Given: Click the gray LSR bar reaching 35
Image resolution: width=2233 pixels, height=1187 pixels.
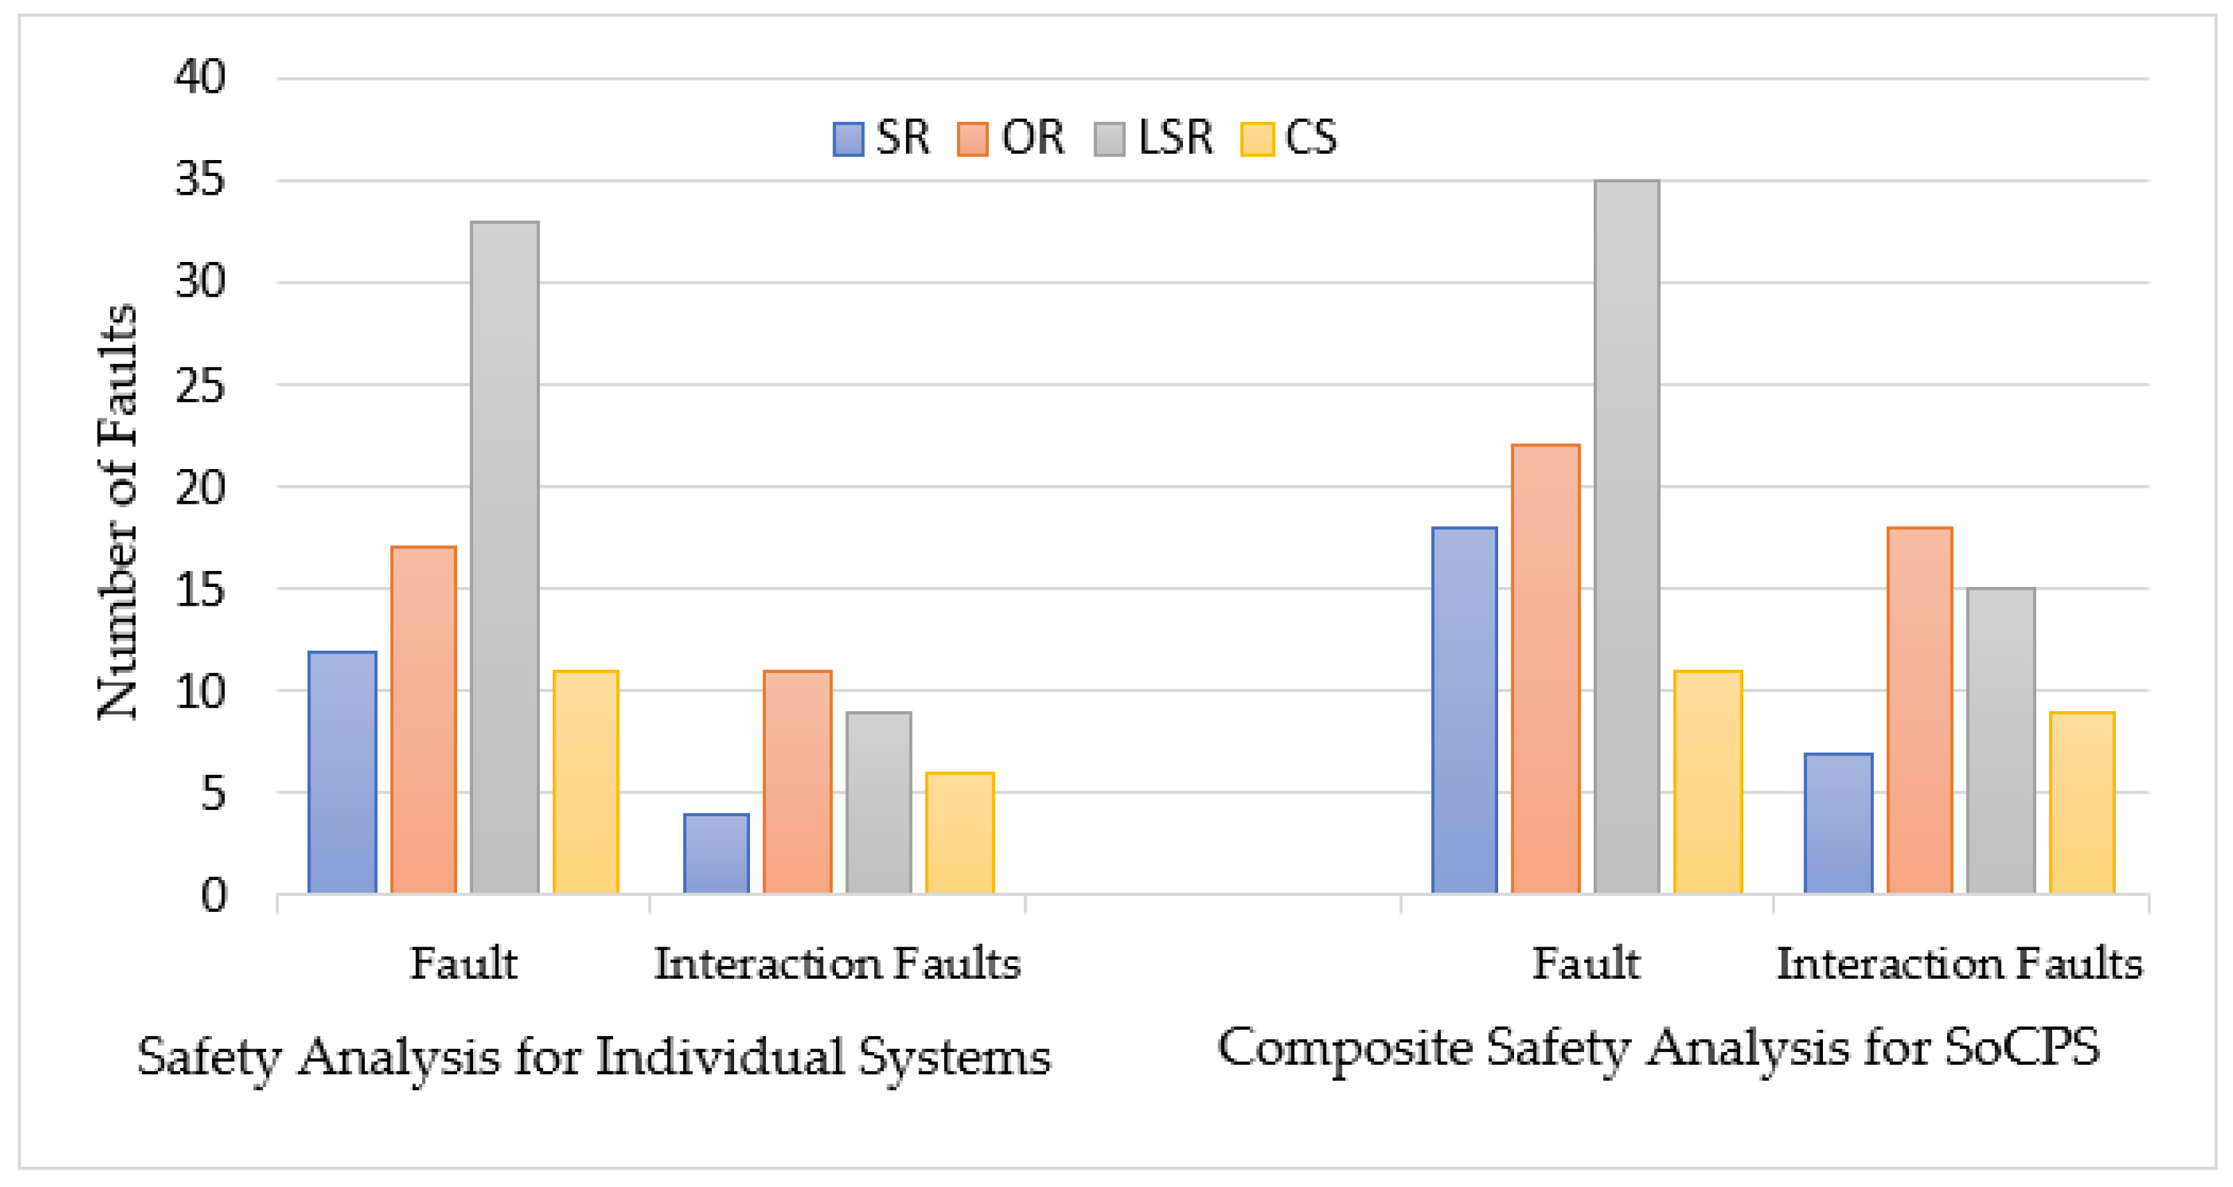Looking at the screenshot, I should [1626, 538].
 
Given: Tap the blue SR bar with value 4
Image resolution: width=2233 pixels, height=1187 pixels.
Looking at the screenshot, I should [716, 854].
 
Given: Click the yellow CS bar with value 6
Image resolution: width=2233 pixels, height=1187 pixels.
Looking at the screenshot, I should [959, 833].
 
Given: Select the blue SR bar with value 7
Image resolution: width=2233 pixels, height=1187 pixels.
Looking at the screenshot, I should [1838, 824].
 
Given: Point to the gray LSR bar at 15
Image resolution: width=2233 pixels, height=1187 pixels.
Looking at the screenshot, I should [2001, 741].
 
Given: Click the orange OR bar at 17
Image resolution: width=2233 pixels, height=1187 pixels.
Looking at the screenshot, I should [423, 720].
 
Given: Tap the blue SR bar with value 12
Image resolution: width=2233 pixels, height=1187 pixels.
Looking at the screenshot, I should [342, 773].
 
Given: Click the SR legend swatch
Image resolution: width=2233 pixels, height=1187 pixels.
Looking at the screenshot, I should [848, 139].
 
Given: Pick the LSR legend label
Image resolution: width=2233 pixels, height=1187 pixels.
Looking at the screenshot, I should [1175, 138].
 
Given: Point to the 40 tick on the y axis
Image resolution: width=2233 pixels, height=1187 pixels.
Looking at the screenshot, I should [200, 77].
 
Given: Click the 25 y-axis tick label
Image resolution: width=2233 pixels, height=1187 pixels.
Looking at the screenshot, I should [200, 386].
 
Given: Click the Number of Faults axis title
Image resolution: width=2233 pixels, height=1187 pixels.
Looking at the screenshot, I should [117, 511].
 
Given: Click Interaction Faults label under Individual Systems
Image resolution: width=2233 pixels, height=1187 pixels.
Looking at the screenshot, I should [837, 964].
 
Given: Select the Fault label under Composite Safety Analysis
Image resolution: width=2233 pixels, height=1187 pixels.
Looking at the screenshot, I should [1585, 964].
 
